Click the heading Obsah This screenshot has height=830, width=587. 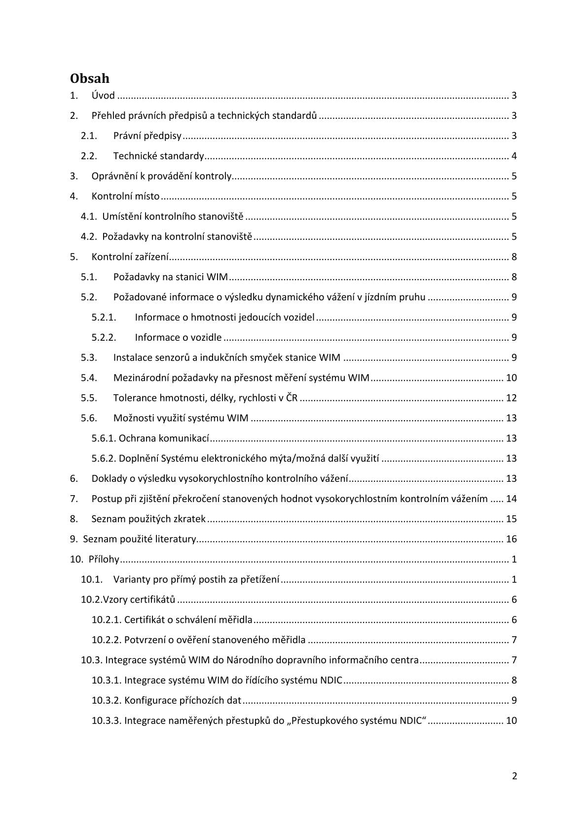coord(89,78)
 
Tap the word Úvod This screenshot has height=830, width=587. coord(103,96)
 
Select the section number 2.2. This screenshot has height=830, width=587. coord(89,156)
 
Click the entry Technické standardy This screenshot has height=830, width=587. coord(158,156)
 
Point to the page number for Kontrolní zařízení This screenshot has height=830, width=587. coord(514,257)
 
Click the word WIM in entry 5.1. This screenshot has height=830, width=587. coord(217,277)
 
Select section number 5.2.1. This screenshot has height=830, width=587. coord(104,318)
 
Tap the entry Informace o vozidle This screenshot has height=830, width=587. coord(178,338)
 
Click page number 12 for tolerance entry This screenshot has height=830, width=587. coord(511,398)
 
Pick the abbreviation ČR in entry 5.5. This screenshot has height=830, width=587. coord(292,398)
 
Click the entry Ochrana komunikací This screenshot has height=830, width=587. coord(164,438)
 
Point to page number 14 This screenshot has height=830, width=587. coord(511,499)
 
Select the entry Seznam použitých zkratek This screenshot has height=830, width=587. coord(148,519)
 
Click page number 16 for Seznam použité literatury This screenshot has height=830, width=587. coord(511,539)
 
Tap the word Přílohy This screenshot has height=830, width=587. coord(104,559)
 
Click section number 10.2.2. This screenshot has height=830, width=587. coord(107,640)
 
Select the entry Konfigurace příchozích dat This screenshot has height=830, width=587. coord(183,701)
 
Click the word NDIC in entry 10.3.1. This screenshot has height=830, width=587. coord(331,681)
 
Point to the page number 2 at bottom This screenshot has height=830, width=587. coord(514,776)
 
